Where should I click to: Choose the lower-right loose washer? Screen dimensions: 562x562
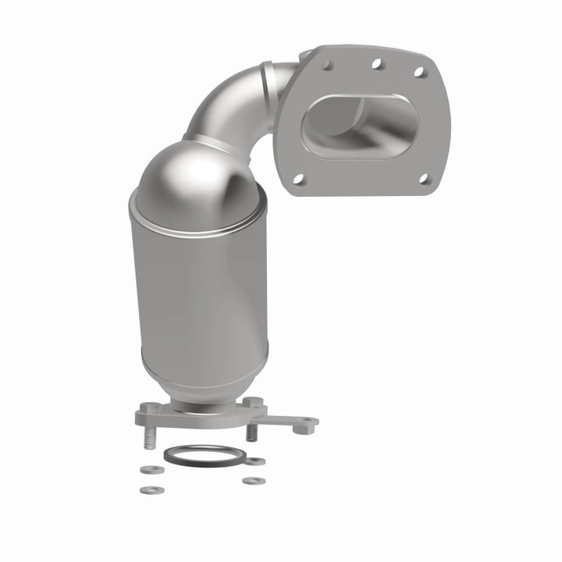(x=251, y=480)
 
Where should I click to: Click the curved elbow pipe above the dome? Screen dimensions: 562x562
(x=234, y=101)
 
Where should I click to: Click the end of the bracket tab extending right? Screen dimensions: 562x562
(x=309, y=422)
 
